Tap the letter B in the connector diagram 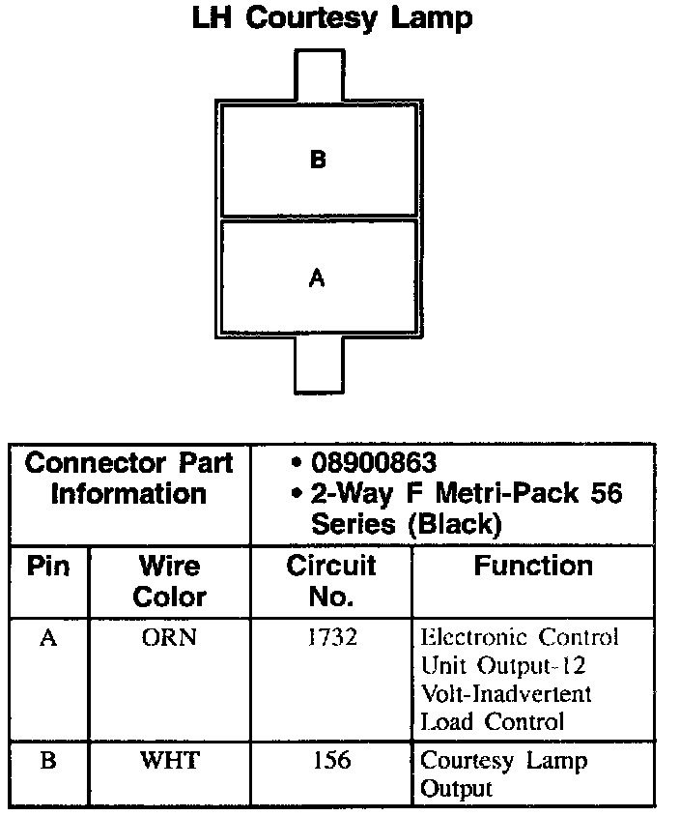pyautogui.click(x=318, y=160)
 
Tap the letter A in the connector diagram pyautogui.click(x=318, y=278)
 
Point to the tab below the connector pyautogui.click(x=319, y=364)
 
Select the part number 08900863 pyautogui.click(x=374, y=462)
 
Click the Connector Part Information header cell pyautogui.click(x=129, y=479)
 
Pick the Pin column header pyautogui.click(x=48, y=567)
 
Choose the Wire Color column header pyautogui.click(x=169, y=581)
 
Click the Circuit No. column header pyautogui.click(x=330, y=581)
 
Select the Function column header pyautogui.click(x=533, y=567)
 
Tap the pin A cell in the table pyautogui.click(x=48, y=639)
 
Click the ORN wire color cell pyautogui.click(x=169, y=639)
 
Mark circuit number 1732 pyautogui.click(x=330, y=639)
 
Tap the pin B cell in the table pyautogui.click(x=48, y=761)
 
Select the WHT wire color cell pyautogui.click(x=169, y=761)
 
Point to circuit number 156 pyautogui.click(x=330, y=761)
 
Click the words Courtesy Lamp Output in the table pyautogui.click(x=503, y=774)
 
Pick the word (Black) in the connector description pyautogui.click(x=455, y=525)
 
